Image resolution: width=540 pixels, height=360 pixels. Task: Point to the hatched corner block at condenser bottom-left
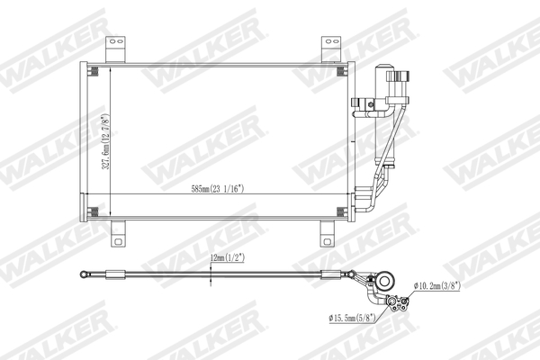point(93,211)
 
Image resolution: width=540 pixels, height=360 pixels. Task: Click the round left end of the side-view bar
point(84,275)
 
